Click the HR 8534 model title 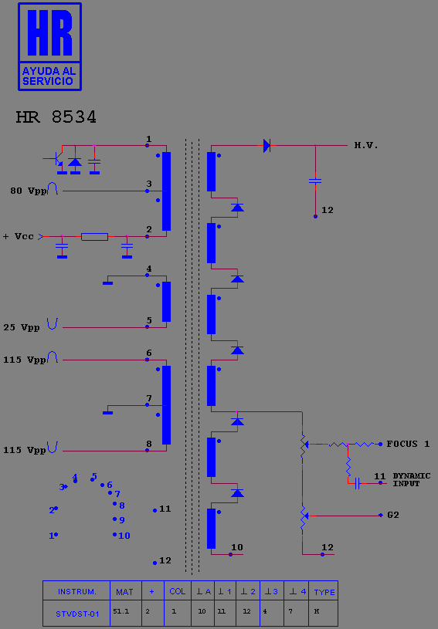click(56, 117)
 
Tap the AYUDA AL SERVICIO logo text click(49, 76)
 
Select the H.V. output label click(366, 145)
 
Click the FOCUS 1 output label click(408, 444)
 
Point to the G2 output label click(393, 515)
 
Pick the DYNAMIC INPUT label click(412, 480)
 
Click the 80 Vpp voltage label click(28, 191)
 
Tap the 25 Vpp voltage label click(22, 328)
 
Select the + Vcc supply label click(18, 236)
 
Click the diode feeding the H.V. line click(267, 145)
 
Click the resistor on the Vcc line click(94, 237)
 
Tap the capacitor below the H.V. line click(315, 181)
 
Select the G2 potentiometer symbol click(304, 516)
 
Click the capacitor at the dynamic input click(358, 483)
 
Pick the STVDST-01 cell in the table click(77, 614)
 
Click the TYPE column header click(324, 592)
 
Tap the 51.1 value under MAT click(121, 611)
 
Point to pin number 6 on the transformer click(149, 353)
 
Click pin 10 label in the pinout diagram click(124, 536)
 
